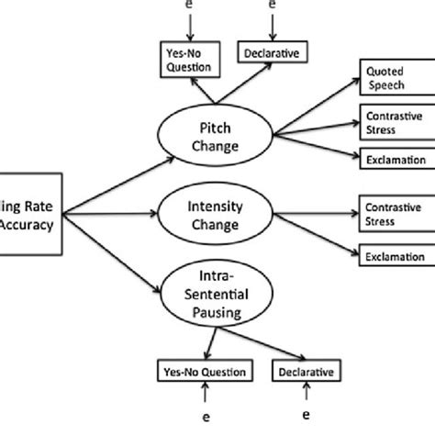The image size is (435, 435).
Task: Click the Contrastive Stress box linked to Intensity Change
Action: [385, 213]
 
